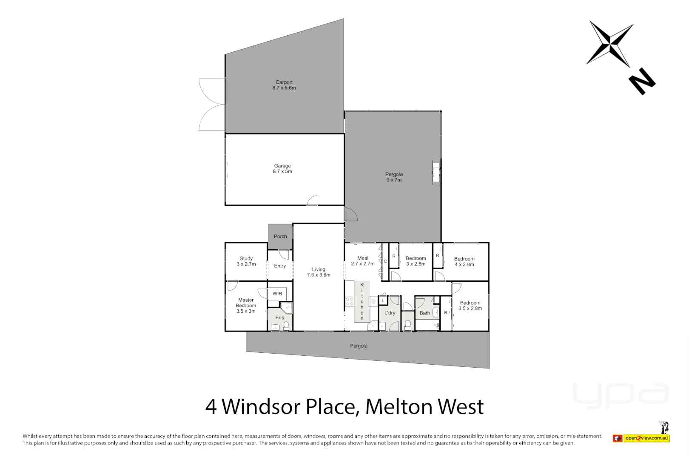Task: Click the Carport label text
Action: (x=284, y=85)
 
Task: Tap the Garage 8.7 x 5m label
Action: (x=282, y=169)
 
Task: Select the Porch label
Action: (x=280, y=236)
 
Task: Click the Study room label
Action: (x=246, y=261)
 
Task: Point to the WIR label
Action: (x=277, y=294)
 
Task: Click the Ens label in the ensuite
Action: (x=279, y=317)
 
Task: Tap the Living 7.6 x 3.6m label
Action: (x=319, y=272)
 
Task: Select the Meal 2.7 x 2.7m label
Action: (x=363, y=261)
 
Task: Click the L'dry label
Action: (x=390, y=313)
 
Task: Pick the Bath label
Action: (x=425, y=313)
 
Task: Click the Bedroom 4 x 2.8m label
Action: (x=464, y=261)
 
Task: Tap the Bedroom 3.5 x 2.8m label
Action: (x=470, y=306)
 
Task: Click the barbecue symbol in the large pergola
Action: (x=436, y=172)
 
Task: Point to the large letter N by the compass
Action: (x=642, y=81)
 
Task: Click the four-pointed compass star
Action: (x=610, y=44)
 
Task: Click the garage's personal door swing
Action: (x=313, y=201)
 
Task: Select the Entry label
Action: (x=280, y=266)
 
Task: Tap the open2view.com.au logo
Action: (x=646, y=438)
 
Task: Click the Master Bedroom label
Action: (x=246, y=306)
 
